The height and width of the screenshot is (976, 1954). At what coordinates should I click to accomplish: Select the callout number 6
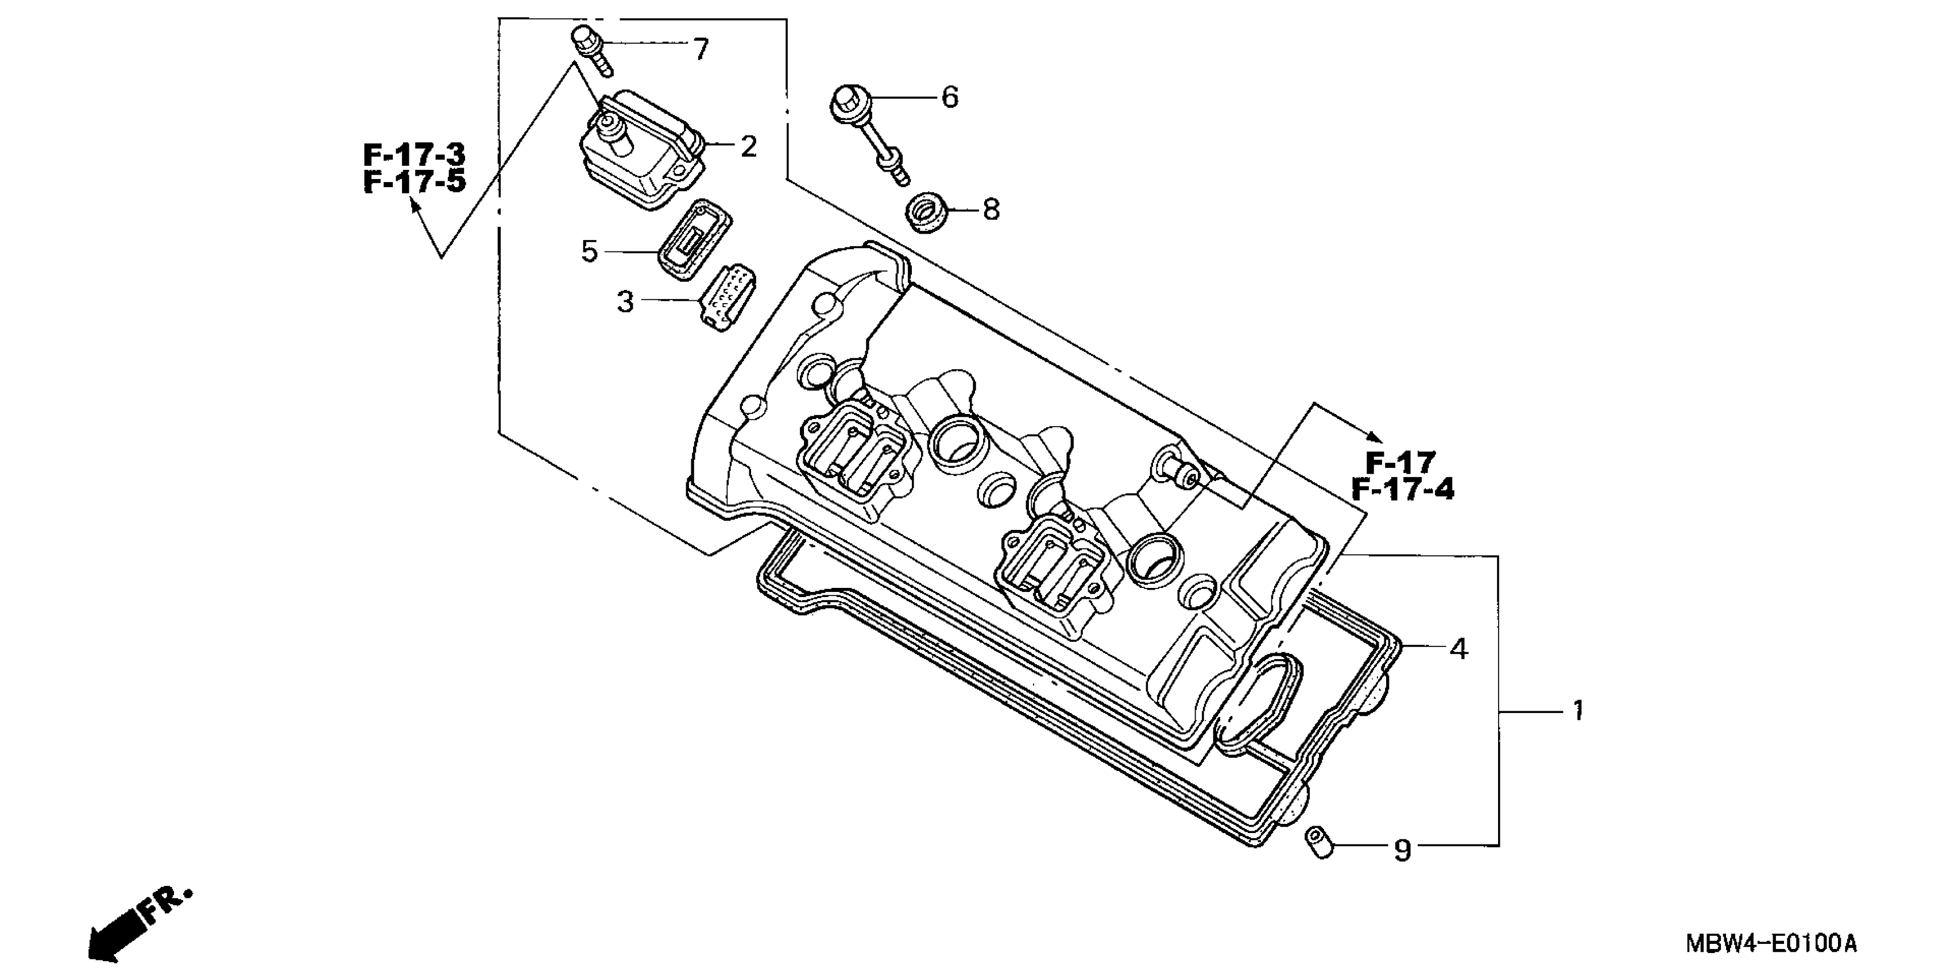[x=950, y=98]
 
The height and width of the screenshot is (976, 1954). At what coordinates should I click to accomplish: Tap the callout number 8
[x=990, y=210]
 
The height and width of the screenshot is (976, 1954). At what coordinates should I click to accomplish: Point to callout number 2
[x=748, y=146]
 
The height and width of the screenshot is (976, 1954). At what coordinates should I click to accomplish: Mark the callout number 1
[x=1578, y=711]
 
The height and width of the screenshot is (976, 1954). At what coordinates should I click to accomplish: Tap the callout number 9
[x=1403, y=850]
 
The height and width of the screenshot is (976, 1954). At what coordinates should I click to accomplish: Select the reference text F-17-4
[x=1403, y=490]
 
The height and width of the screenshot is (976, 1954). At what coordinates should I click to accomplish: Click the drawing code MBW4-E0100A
[x=1770, y=944]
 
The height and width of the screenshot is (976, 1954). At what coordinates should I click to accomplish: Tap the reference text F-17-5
[x=414, y=182]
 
